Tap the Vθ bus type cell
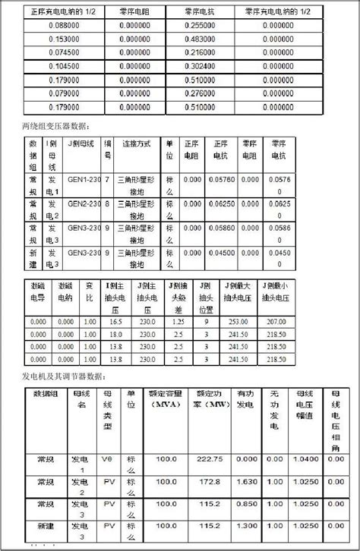pyautogui.click(x=109, y=459)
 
